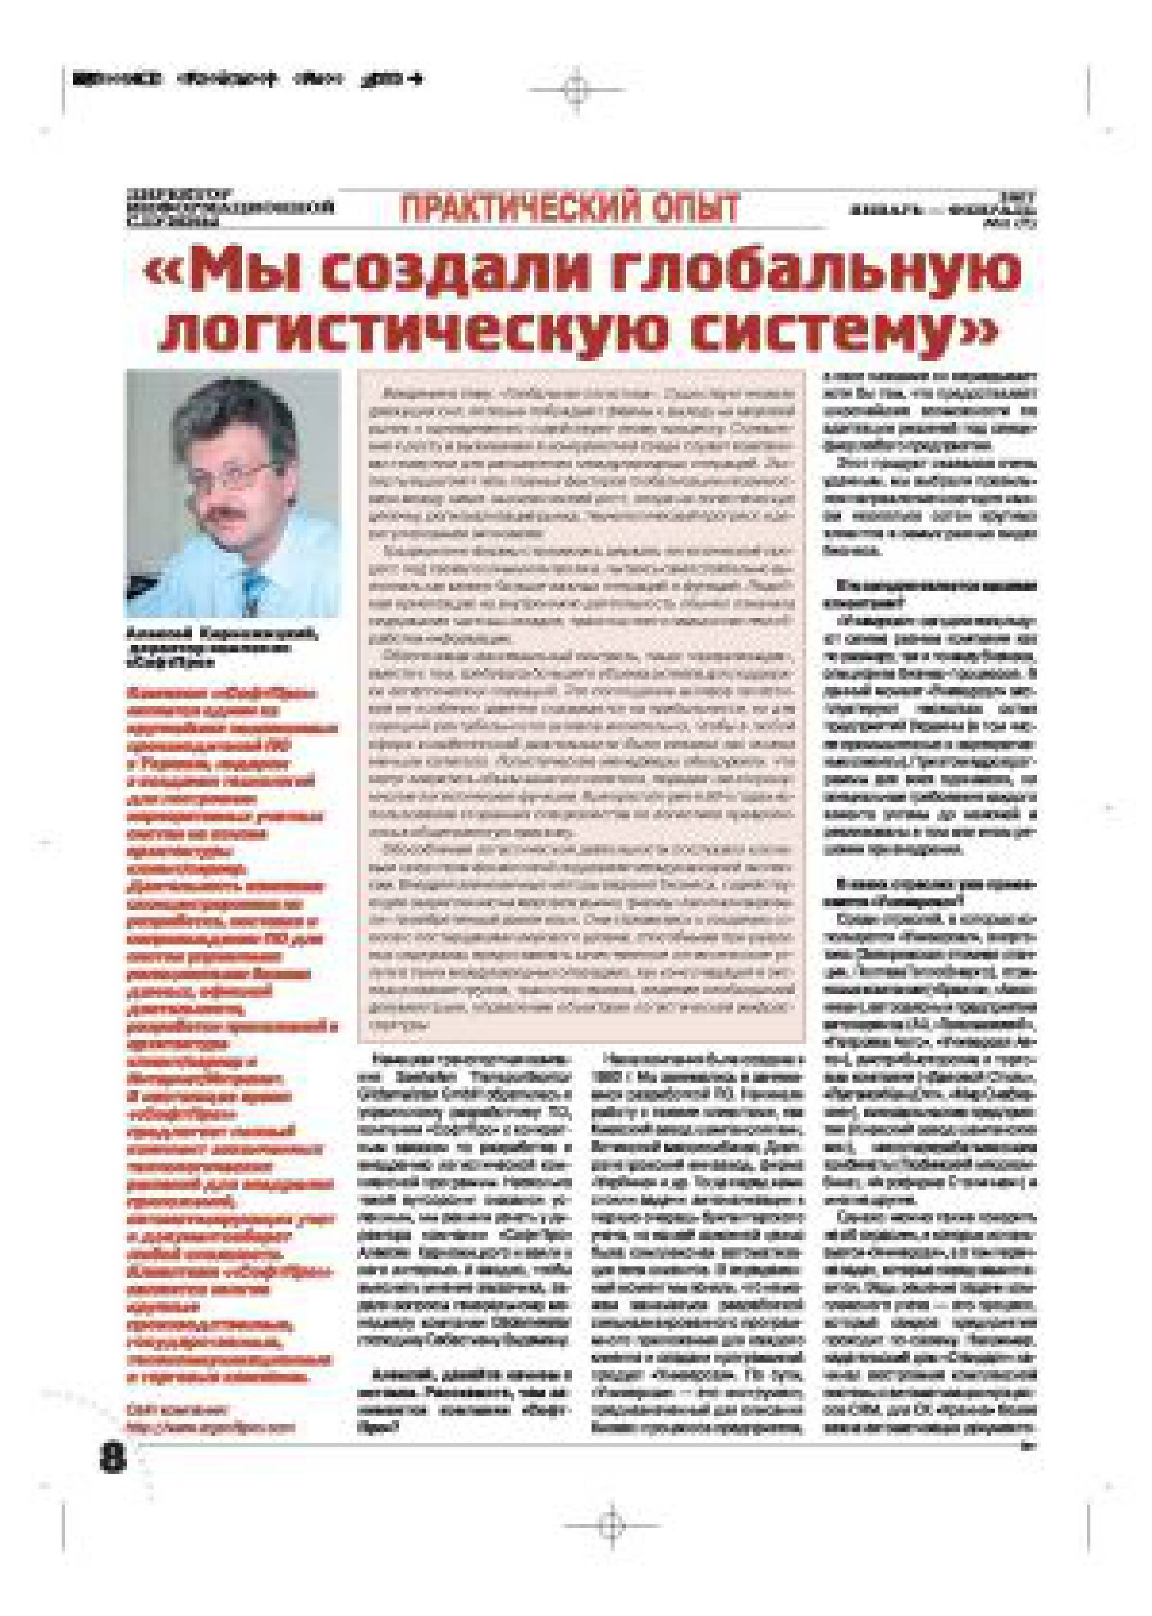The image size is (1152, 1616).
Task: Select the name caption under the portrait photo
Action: pyautogui.click(x=222, y=644)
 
